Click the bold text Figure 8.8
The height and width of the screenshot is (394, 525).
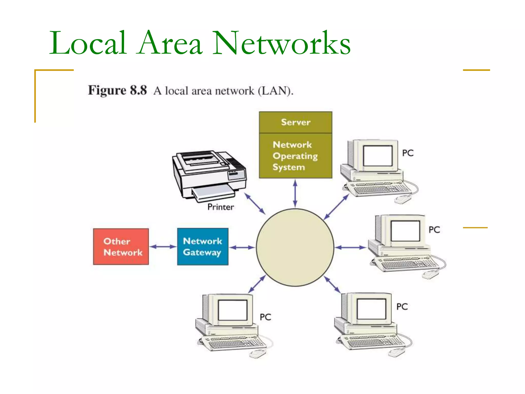[117, 90]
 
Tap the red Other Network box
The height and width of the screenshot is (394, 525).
[121, 247]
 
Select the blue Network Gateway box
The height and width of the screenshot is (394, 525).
[203, 247]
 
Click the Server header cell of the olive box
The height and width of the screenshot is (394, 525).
[296, 122]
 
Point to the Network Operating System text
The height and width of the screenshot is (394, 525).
[295, 156]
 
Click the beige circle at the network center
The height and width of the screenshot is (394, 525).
[295, 248]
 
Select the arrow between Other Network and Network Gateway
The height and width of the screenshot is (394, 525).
[163, 247]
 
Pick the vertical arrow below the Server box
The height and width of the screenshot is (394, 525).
[295, 193]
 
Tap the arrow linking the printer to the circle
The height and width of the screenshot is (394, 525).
[255, 204]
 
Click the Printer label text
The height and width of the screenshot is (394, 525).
[220, 207]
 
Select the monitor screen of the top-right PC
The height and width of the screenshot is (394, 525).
[378, 156]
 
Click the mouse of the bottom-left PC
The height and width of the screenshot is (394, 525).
[257, 354]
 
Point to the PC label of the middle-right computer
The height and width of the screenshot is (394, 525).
[434, 230]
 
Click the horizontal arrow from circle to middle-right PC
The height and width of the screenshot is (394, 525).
[350, 248]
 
